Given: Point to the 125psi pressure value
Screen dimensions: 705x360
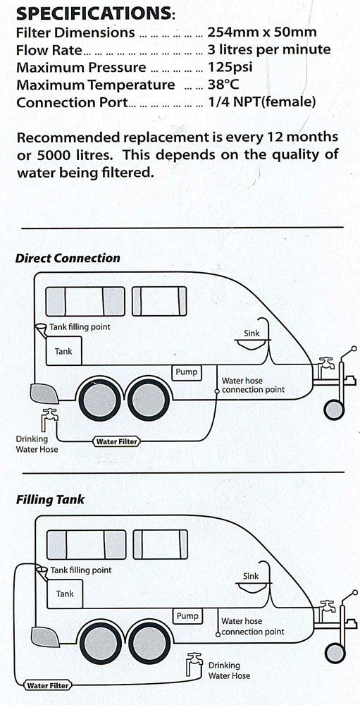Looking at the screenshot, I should (x=230, y=68).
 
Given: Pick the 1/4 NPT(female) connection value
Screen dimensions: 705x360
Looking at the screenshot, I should (x=261, y=103).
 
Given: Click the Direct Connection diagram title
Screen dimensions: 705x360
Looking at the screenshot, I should (x=68, y=258).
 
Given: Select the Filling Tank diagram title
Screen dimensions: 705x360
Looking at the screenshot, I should (x=50, y=500).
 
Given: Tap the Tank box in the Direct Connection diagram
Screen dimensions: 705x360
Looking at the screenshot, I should (x=64, y=350).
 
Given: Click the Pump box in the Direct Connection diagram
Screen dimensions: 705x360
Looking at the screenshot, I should (x=187, y=372).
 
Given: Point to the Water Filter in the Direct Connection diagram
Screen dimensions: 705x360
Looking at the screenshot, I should (x=116, y=442).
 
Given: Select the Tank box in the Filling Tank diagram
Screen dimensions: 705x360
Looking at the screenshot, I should (x=64, y=594).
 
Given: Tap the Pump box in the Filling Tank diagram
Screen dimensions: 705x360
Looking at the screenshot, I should (x=187, y=615).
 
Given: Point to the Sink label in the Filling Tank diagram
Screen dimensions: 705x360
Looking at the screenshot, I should (x=251, y=576).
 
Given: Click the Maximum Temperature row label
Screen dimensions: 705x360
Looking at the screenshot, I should (x=96, y=85).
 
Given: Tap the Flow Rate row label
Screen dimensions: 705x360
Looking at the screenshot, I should (x=49, y=50).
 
